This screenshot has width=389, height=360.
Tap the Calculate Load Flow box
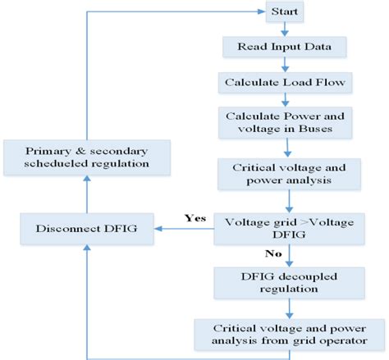click(x=283, y=82)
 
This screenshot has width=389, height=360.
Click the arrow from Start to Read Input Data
click(x=284, y=29)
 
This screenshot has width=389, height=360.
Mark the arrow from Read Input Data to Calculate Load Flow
click(x=284, y=65)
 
